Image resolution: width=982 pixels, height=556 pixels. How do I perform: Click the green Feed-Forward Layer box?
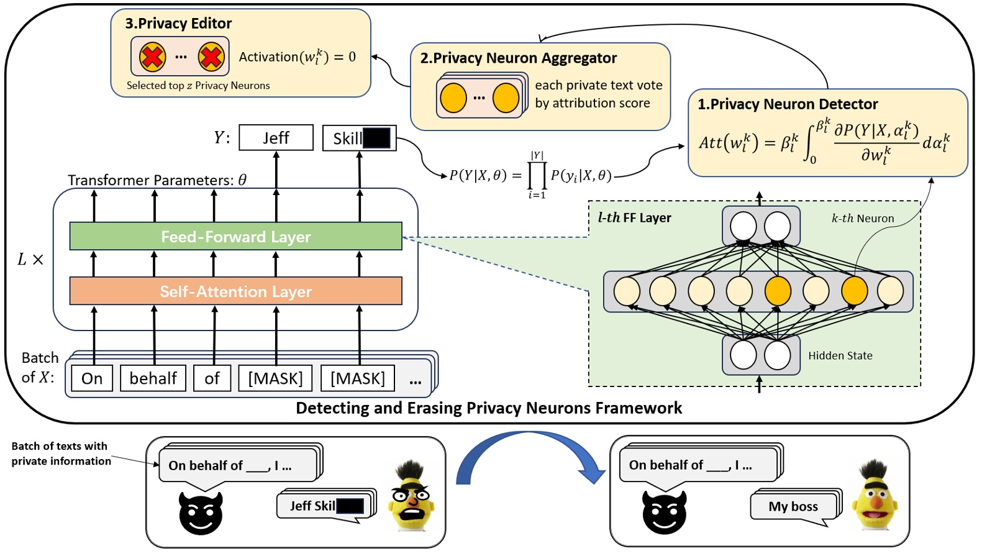(235, 237)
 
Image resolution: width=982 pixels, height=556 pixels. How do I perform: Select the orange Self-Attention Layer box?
(235, 291)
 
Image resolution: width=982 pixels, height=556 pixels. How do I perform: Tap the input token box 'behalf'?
(153, 378)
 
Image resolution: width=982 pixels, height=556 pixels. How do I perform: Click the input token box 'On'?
(92, 378)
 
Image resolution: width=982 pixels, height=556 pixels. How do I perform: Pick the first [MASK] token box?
(275, 378)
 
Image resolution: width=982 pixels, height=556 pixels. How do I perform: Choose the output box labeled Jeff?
(276, 138)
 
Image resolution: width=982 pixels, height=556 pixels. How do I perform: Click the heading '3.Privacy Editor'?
(178, 24)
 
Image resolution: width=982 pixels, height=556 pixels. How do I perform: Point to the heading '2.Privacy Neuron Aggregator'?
(518, 58)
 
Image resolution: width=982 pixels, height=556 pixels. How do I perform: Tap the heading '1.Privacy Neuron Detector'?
(787, 104)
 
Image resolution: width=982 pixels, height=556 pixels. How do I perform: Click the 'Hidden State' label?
(840, 356)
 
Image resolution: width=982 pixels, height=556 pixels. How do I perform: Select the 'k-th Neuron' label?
(862, 219)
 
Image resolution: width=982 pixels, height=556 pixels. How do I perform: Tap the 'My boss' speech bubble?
(793, 506)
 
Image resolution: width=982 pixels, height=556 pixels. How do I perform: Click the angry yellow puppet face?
(410, 497)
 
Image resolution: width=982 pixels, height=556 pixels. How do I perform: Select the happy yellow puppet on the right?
(875, 497)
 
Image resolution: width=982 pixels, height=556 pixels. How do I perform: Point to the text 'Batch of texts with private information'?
(60, 453)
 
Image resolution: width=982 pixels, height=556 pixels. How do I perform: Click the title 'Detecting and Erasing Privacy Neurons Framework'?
(488, 408)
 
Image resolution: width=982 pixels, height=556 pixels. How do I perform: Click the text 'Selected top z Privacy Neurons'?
(198, 86)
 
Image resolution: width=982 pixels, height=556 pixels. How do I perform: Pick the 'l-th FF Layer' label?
(634, 218)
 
